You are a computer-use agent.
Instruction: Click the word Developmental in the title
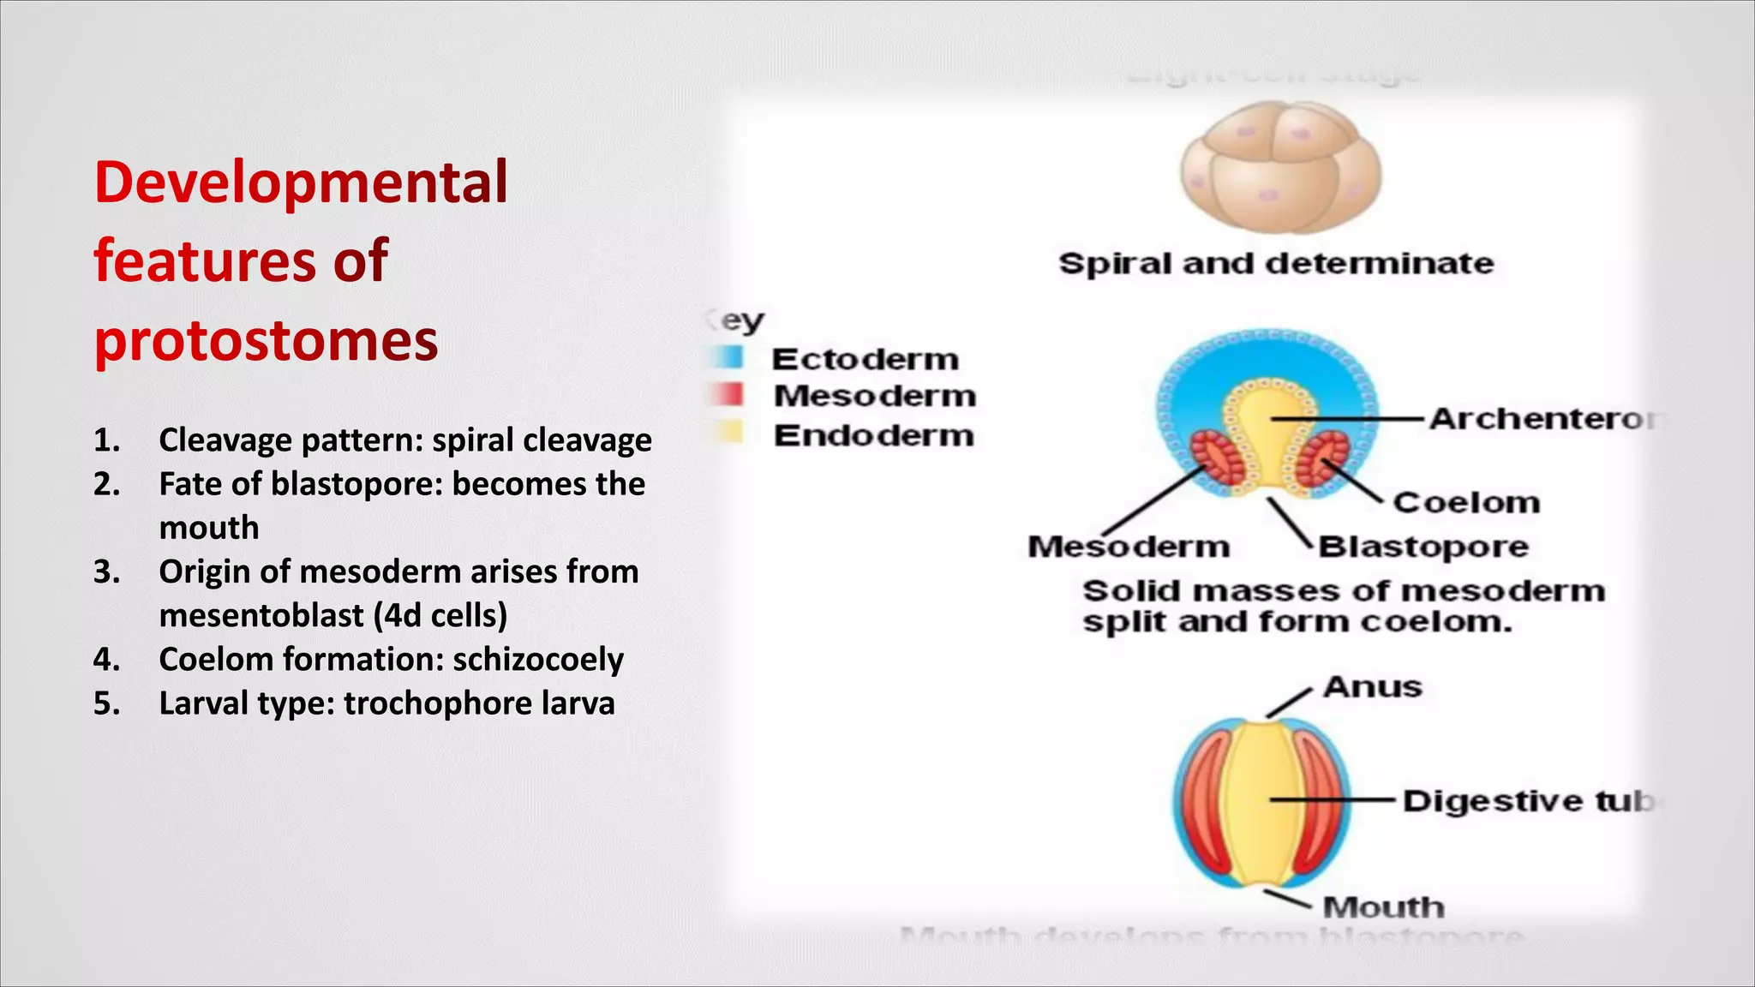coord(301,182)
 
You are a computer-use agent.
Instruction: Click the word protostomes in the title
coord(266,340)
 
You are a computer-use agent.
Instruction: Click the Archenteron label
coord(1542,419)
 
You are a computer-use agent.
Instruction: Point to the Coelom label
coord(1466,502)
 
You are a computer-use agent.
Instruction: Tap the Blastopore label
coord(1423,547)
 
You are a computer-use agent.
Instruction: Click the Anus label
coord(1372,687)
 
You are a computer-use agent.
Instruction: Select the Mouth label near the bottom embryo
coord(1383,907)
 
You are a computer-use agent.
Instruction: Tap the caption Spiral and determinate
coord(1276,263)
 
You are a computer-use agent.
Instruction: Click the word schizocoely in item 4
coord(537,660)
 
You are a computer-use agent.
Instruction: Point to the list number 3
coord(106,571)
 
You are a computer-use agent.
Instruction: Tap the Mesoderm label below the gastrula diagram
coord(1129,547)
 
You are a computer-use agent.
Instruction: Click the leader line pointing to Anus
coord(1289,703)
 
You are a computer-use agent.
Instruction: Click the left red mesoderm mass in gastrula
coord(1209,458)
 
